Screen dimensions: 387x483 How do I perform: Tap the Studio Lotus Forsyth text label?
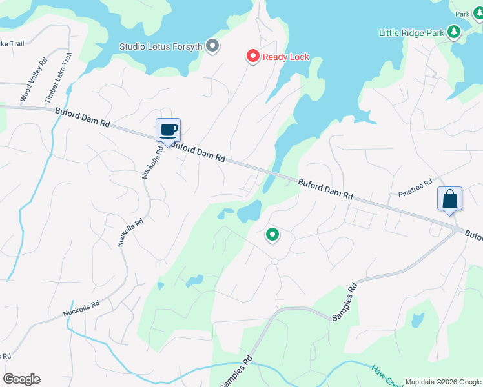pyautogui.click(x=161, y=46)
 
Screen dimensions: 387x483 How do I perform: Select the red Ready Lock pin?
pyautogui.click(x=252, y=57)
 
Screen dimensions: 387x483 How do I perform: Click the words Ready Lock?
pyautogui.click(x=285, y=57)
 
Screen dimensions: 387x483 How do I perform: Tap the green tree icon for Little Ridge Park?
pyautogui.click(x=454, y=32)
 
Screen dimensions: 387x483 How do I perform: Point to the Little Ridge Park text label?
pyautogui.click(x=411, y=32)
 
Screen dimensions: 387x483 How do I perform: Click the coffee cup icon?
pyautogui.click(x=168, y=130)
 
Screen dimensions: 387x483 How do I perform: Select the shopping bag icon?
pyautogui.click(x=449, y=199)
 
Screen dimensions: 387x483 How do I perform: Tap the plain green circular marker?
pyautogui.click(x=272, y=235)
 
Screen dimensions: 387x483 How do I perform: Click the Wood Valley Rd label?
pyautogui.click(x=34, y=81)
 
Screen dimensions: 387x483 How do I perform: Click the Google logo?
pyautogui.click(x=21, y=379)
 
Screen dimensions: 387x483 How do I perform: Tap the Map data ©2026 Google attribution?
pyautogui.click(x=443, y=382)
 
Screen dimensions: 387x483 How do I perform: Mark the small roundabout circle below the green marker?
pyautogui.click(x=274, y=261)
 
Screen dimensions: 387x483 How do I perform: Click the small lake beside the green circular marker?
pyautogui.click(x=249, y=210)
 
